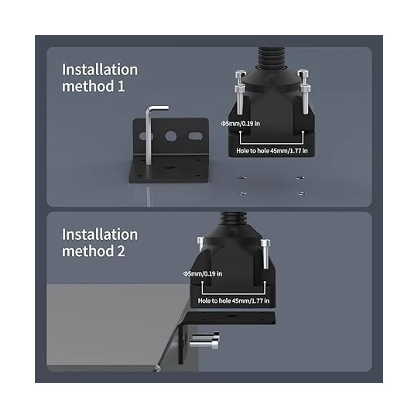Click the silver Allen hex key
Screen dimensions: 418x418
point(149,134)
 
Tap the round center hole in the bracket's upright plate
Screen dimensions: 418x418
point(171,136)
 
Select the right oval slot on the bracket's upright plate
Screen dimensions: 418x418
point(195,136)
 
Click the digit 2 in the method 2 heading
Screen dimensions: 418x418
point(121,251)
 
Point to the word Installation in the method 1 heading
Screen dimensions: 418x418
point(100,70)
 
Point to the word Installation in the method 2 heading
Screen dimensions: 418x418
point(100,234)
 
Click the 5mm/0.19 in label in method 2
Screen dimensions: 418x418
point(203,274)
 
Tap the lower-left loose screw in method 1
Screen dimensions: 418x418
point(242,193)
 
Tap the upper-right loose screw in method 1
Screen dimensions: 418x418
point(301,178)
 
